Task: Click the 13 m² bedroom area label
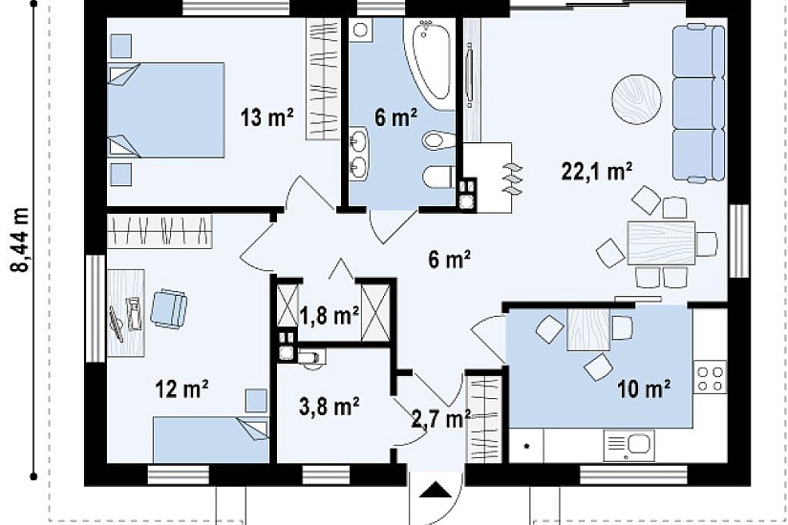(x=266, y=117)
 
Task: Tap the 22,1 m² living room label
(x=596, y=171)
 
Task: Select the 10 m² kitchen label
(x=644, y=388)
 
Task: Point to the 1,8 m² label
(x=330, y=316)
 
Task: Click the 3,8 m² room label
(x=330, y=406)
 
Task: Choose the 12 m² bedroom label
(x=181, y=388)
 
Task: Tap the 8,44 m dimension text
(x=21, y=240)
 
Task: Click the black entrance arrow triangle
(x=436, y=490)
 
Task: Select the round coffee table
(x=636, y=99)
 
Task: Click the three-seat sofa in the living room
(x=698, y=103)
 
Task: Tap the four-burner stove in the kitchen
(x=710, y=377)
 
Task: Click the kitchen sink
(x=629, y=445)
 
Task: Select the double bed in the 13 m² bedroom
(x=166, y=110)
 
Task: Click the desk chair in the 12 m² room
(x=169, y=309)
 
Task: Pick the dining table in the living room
(x=661, y=242)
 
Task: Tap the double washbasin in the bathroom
(x=359, y=153)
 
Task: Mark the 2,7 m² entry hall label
(x=440, y=419)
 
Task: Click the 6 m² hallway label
(x=450, y=261)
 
